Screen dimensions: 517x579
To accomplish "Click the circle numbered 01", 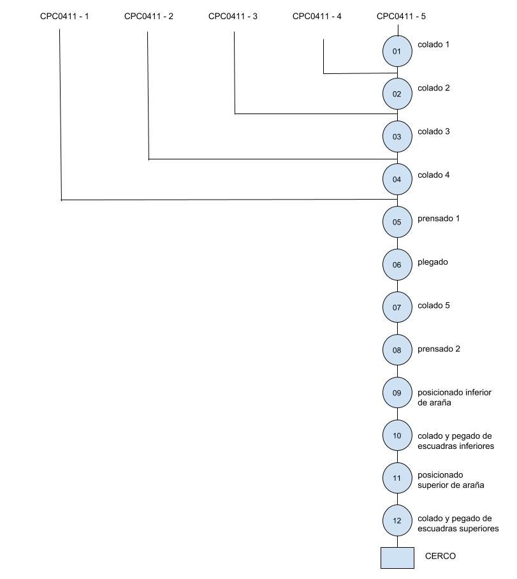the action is click(397, 51).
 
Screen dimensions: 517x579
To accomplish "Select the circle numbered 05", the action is click(397, 222).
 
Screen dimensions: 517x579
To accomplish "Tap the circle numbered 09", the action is click(397, 393).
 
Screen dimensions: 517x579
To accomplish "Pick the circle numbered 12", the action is click(397, 521).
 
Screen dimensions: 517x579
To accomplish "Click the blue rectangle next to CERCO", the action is click(397, 557).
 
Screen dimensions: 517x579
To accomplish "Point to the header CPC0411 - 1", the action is click(64, 16).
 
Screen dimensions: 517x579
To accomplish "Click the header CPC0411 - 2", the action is click(149, 16).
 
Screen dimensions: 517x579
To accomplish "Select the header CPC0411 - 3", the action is click(233, 16).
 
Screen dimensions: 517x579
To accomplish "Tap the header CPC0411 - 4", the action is click(317, 16).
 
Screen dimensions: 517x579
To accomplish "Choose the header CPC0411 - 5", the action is click(402, 16).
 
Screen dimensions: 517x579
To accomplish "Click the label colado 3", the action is click(433, 131).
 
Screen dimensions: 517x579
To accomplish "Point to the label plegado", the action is click(433, 263).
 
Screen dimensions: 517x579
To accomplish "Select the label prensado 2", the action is click(439, 349).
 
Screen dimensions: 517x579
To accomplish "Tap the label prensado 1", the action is click(439, 219).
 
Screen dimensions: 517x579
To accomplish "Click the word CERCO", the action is click(441, 556).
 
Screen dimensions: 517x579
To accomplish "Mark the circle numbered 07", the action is click(397, 307).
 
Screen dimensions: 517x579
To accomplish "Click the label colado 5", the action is click(433, 305).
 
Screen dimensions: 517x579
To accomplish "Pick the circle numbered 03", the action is click(397, 136).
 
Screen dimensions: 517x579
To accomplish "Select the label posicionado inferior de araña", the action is click(455, 398).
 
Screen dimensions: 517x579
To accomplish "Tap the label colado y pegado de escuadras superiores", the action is click(458, 524).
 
